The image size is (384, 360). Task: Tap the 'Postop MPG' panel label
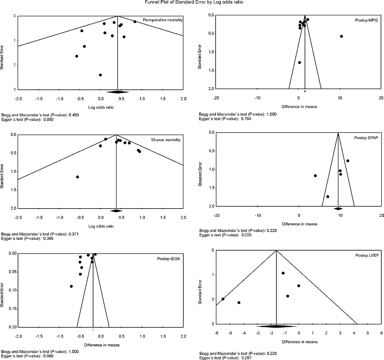[364, 21]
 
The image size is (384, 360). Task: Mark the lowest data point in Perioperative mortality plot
[100, 75]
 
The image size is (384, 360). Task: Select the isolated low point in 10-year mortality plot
[78, 177]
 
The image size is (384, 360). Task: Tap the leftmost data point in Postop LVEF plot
[223, 299]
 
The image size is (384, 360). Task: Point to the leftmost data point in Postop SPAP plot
[315, 176]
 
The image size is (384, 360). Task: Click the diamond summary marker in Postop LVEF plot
[276, 326]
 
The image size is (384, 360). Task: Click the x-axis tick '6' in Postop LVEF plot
[381, 333]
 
